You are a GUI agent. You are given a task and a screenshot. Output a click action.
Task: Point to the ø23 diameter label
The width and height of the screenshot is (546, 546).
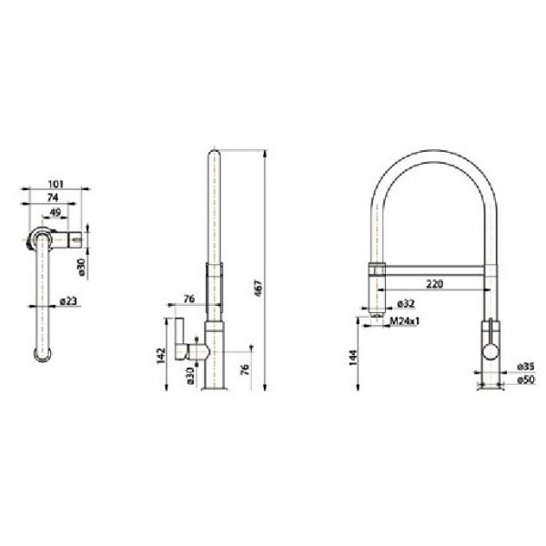pos(66,302)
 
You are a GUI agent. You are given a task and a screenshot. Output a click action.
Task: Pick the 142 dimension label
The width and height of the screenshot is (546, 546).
pos(160,355)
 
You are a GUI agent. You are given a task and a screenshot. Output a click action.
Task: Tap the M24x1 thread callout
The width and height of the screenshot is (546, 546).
pos(406,321)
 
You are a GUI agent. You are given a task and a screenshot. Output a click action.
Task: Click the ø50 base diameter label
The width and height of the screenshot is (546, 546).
pos(525,379)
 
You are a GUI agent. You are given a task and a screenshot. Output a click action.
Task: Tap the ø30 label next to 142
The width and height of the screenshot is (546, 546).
pos(189,375)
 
